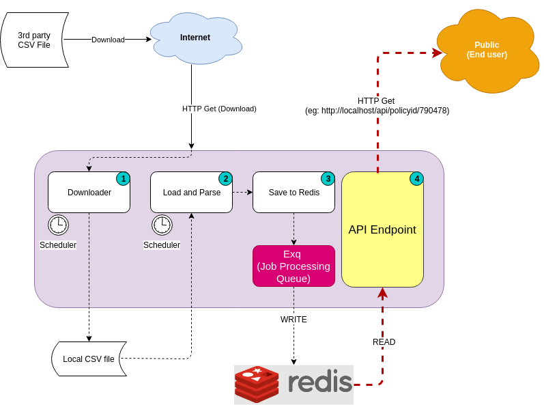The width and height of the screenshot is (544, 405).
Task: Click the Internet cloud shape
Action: click(x=195, y=38)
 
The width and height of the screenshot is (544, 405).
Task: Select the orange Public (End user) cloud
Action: click(x=487, y=50)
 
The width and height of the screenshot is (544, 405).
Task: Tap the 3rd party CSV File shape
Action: click(x=35, y=40)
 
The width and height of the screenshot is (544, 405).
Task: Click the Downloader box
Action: click(x=89, y=192)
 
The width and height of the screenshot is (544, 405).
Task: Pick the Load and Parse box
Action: click(x=191, y=192)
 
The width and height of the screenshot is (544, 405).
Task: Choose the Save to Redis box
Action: click(x=294, y=192)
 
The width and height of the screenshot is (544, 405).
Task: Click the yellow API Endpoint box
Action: click(x=382, y=229)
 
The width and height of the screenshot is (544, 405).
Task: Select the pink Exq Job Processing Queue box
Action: click(x=294, y=266)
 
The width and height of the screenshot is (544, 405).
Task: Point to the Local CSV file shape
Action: click(x=89, y=359)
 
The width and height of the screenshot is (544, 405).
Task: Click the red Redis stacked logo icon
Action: click(x=257, y=383)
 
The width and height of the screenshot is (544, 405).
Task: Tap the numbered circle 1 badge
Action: click(x=123, y=178)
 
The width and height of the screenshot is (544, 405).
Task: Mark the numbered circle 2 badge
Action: click(x=225, y=178)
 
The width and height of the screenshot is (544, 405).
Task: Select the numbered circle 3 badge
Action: click(x=328, y=178)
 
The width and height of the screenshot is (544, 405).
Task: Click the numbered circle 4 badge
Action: click(x=416, y=178)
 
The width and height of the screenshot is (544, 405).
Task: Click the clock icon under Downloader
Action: click(x=58, y=225)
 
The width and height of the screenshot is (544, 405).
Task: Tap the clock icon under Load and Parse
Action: click(x=162, y=225)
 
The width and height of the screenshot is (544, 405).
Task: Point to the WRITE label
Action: click(x=294, y=320)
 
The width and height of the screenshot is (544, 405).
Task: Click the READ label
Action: click(x=384, y=342)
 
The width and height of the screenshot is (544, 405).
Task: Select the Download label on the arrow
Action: click(x=108, y=40)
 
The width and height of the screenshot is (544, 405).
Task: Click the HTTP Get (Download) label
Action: click(x=219, y=109)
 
